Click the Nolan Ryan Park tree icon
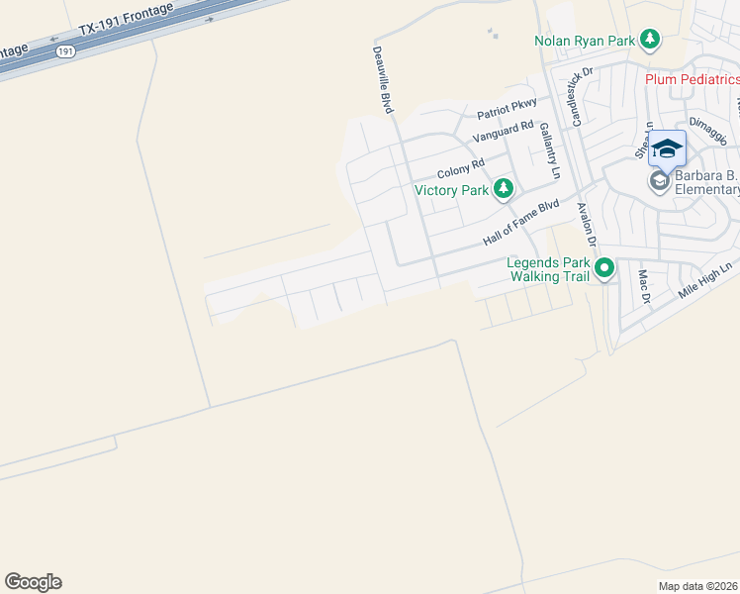(650, 40)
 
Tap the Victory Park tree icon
(504, 188)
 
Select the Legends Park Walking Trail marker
(603, 267)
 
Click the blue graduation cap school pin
(668, 148)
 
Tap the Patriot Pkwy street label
(507, 104)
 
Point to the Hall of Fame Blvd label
(520, 224)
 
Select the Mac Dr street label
(643, 286)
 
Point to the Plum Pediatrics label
(692, 79)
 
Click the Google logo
(33, 582)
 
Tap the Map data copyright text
(698, 586)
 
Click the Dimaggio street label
(707, 131)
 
